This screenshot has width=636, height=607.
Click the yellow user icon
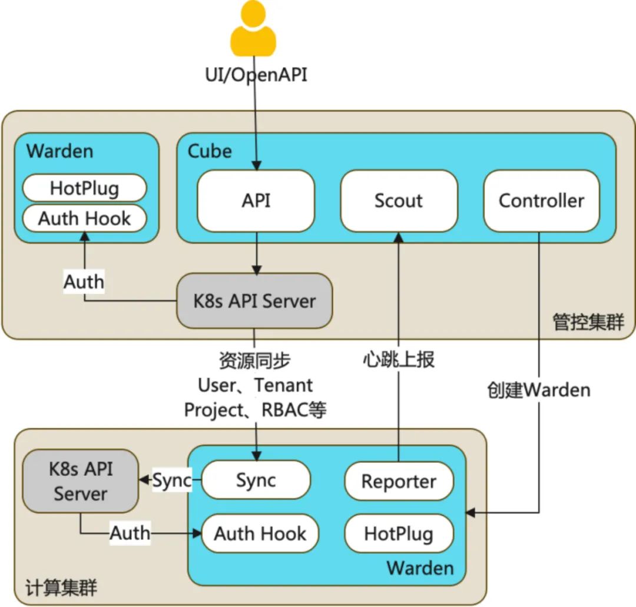coord(253,29)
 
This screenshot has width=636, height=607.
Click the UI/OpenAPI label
coord(256,75)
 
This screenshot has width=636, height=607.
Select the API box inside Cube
coord(256,201)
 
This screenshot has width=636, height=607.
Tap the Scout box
coord(399,201)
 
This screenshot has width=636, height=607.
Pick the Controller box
coord(541,201)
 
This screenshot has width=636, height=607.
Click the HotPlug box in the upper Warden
coord(84,188)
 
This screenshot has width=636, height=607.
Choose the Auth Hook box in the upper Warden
coord(84,218)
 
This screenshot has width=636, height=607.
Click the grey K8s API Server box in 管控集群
coord(254,301)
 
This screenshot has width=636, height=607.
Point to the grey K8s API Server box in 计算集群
coord(81,482)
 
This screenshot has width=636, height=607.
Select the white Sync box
coord(256,480)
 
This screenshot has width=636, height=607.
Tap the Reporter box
coord(399,481)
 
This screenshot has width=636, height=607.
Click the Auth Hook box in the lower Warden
coord(260,533)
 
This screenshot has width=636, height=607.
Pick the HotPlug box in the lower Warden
coord(399,533)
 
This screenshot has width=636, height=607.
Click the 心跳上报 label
coord(399,359)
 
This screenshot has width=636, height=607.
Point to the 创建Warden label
coord(538,389)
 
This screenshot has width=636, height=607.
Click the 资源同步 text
coord(255,360)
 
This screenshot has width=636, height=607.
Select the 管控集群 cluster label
coord(588,322)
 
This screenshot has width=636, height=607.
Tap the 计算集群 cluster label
coord(62,588)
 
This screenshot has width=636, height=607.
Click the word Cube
coord(210,151)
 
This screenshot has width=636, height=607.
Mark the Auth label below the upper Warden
coord(84,282)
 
